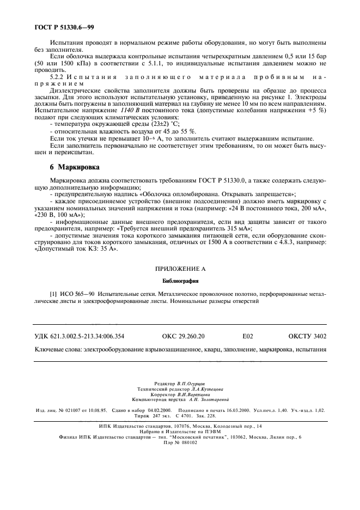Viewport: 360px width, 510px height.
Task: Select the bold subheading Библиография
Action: click(180, 282)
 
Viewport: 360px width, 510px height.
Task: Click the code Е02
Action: click(248, 337)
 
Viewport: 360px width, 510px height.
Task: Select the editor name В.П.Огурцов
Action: click(195, 384)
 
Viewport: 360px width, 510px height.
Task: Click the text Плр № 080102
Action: click(180, 442)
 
